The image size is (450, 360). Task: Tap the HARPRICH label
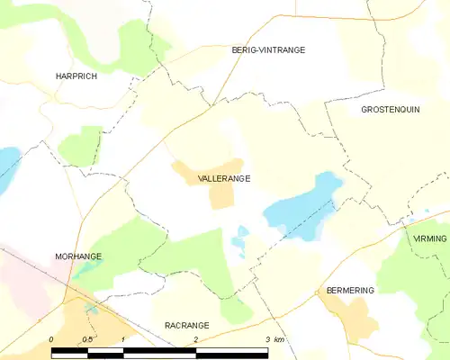pos(76,76)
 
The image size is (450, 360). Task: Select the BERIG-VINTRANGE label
pos(268,50)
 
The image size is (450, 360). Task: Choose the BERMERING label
pos(350,291)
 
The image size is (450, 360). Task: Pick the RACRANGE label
pos(186,325)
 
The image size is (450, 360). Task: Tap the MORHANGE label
pos(77,256)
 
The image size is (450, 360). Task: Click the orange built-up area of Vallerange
pos(220,194)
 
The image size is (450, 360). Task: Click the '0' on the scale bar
pos(51,339)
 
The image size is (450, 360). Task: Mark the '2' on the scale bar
pos(195,339)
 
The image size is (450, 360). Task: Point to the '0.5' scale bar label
pos(85,339)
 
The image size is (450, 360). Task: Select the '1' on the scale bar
pos(121,339)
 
